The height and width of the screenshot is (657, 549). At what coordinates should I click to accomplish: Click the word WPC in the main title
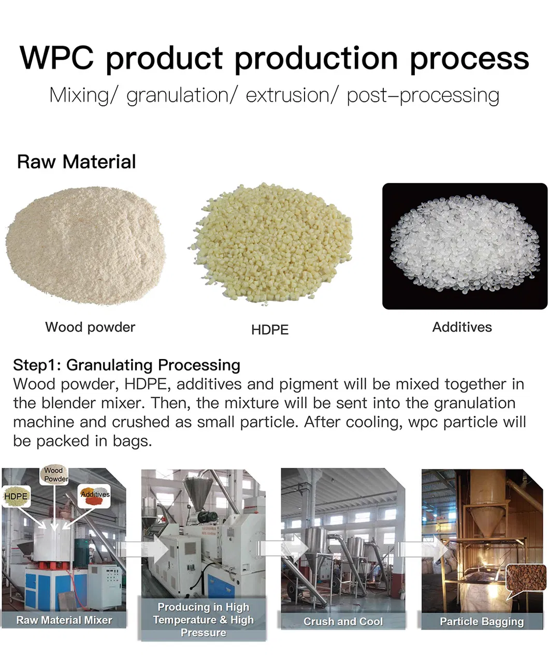coord(57,58)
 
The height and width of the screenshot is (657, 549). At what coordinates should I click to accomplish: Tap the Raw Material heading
coord(77,162)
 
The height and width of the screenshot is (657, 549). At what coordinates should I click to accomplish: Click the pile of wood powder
coord(85,245)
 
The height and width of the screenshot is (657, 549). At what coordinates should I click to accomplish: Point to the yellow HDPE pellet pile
coord(271,243)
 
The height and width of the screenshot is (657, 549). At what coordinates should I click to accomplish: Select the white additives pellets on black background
coord(465,246)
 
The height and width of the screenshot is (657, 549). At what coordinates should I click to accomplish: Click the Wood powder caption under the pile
coord(90,327)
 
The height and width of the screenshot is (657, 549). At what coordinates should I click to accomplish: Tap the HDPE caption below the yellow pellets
coord(270,330)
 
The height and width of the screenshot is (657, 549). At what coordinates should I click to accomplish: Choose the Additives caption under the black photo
coord(462,327)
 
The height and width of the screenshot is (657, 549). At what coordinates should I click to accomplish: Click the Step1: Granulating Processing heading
coord(127,365)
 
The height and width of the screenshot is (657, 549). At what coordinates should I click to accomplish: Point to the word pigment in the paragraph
coord(309,384)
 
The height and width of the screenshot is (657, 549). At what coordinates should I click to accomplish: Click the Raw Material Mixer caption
coord(64,620)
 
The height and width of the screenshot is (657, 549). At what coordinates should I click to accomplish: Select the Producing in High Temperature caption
coord(203,619)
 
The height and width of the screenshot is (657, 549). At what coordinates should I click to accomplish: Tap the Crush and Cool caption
coord(343,621)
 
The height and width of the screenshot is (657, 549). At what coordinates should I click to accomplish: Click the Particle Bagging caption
coord(482,621)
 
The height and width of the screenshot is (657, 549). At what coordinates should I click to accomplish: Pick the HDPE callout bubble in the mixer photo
coord(17,496)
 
